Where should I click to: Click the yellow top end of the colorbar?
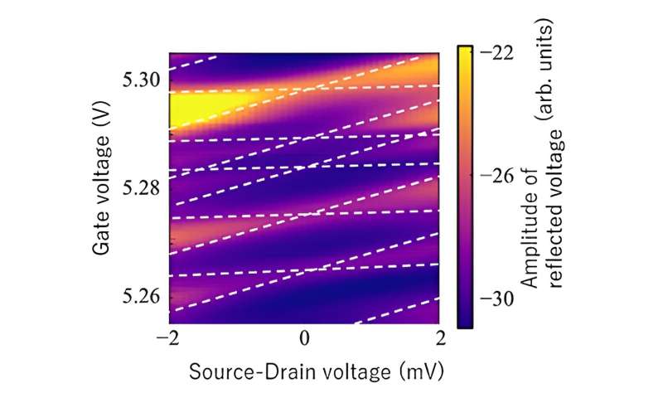[465, 51]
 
